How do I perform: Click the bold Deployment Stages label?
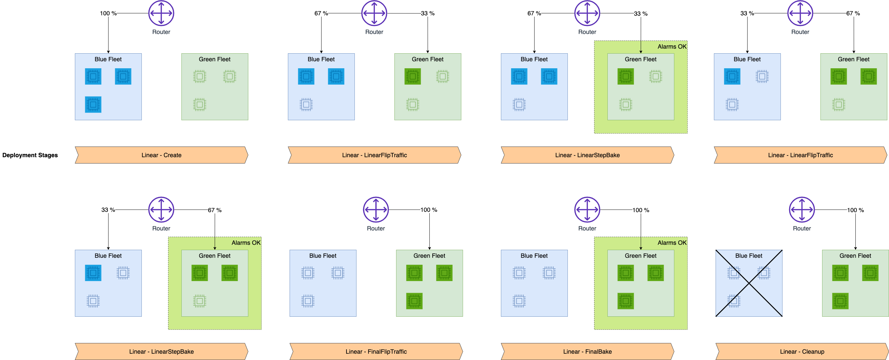tap(30, 155)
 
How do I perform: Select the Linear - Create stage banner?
tap(161, 155)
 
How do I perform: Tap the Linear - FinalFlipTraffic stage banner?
tap(376, 352)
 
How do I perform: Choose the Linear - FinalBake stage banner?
tap(587, 352)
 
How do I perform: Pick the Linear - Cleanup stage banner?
tap(802, 352)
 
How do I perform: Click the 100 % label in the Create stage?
tap(108, 13)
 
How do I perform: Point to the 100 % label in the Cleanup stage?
tap(855, 210)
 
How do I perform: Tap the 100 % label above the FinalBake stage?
tap(640, 210)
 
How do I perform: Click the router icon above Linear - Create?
tap(161, 13)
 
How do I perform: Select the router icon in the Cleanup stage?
tap(802, 210)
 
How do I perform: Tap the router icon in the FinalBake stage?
tap(587, 210)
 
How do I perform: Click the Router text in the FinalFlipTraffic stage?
tap(376, 228)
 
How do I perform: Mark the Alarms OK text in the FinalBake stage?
tap(672, 243)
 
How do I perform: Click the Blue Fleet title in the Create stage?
tap(108, 59)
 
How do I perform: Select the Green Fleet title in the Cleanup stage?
tap(855, 256)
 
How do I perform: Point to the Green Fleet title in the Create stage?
tap(215, 59)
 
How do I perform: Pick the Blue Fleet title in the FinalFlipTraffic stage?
tap(323, 256)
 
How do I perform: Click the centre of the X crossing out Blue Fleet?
tap(749, 283)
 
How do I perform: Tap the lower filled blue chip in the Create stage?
tap(93, 105)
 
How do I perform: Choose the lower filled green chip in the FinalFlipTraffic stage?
tap(414, 301)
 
